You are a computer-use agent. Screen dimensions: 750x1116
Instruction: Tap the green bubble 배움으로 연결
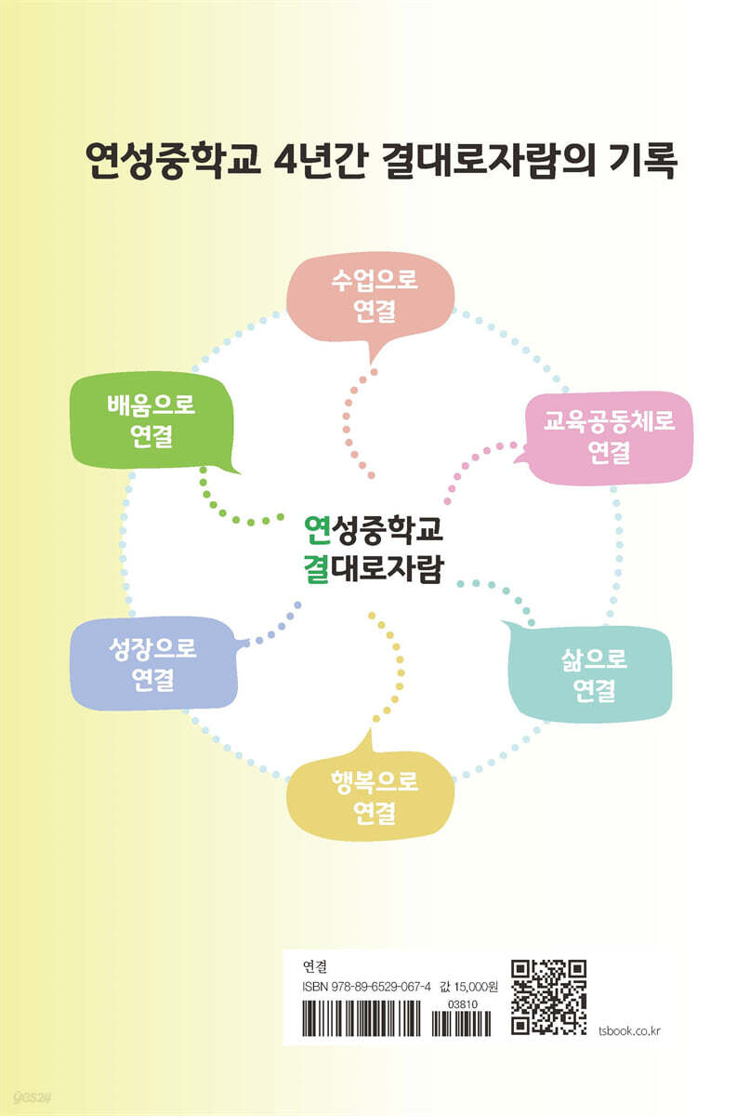click(151, 420)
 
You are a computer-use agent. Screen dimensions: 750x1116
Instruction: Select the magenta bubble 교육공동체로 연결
click(609, 437)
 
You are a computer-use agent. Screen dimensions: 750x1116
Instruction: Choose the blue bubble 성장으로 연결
click(153, 663)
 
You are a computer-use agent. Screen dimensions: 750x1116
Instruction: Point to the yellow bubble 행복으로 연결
click(371, 796)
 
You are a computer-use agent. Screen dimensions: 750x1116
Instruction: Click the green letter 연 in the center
click(317, 529)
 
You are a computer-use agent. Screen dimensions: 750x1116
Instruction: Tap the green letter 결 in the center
click(316, 568)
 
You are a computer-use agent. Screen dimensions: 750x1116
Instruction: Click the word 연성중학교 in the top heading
click(173, 160)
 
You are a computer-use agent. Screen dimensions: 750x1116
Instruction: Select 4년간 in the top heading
click(322, 160)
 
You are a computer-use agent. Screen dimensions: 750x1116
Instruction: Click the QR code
click(548, 996)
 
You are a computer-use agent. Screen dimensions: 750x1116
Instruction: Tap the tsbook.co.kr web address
click(629, 1030)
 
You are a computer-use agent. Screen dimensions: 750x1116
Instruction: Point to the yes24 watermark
click(33, 1096)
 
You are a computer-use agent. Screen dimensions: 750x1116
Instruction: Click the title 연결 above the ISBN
click(315, 967)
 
